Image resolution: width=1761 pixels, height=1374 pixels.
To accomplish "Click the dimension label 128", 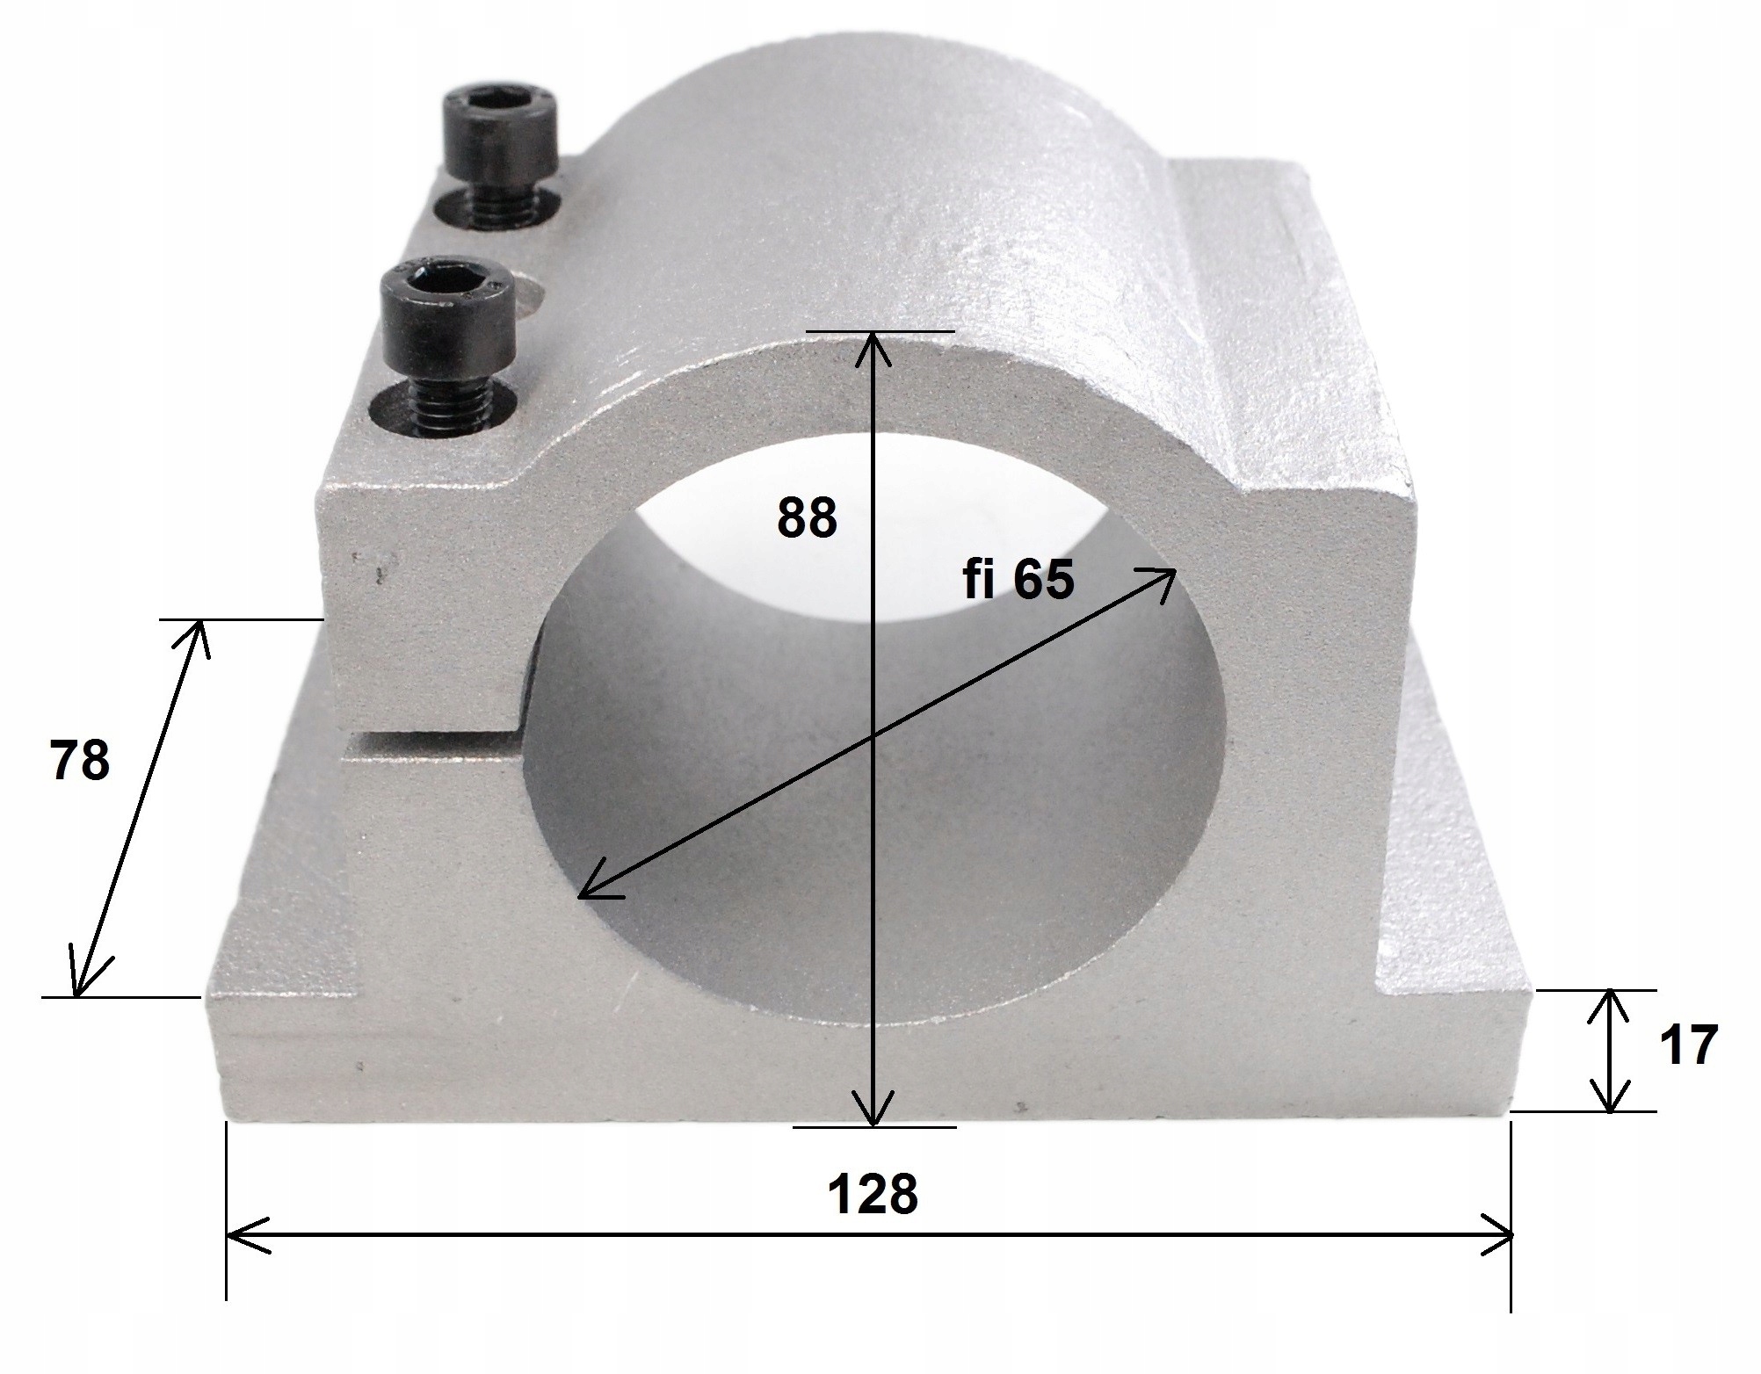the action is tap(873, 1193).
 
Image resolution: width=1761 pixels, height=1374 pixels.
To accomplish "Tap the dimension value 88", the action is tap(807, 517).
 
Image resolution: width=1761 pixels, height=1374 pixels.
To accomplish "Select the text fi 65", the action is tap(1018, 580).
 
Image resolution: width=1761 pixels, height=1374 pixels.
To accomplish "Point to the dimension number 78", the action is tap(80, 760).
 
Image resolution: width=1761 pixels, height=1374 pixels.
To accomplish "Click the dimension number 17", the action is tap(1688, 1046).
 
